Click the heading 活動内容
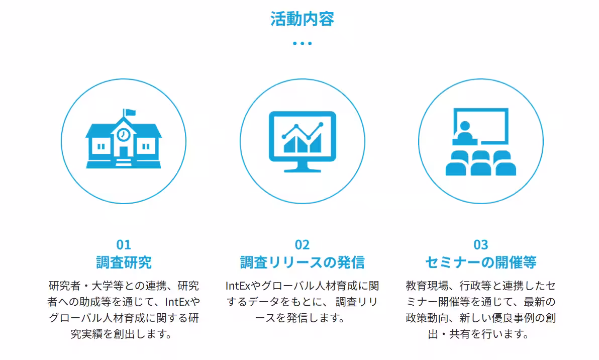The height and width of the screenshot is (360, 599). (x=302, y=19)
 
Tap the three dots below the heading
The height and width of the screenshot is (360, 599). (x=302, y=43)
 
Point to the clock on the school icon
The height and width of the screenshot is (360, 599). (x=123, y=134)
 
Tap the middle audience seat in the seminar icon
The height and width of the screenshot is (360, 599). (x=480, y=164)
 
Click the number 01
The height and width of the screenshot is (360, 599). (x=124, y=245)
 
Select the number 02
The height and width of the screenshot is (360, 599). (x=302, y=245)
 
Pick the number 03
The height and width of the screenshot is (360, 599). (x=481, y=245)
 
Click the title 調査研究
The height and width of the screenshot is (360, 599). (x=124, y=262)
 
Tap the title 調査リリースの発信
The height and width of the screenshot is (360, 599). (x=302, y=262)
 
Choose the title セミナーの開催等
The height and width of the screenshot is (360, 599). (x=481, y=262)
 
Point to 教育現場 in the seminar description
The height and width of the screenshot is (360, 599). (x=425, y=286)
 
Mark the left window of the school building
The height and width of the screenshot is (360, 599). (x=102, y=146)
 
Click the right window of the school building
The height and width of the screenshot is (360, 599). (x=146, y=146)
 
